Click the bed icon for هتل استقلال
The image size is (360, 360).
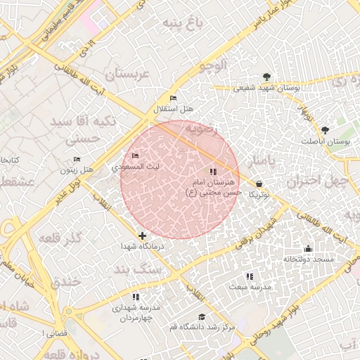(174, 98)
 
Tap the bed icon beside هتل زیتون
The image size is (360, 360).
(77, 159)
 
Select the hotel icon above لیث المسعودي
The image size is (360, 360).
(136, 155)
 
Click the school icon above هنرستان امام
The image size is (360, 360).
(213, 171)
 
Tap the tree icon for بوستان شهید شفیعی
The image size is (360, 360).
(266, 77)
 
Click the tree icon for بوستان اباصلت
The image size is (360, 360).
(325, 130)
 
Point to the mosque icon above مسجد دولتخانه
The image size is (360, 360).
(308, 248)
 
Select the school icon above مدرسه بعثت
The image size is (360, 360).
(249, 276)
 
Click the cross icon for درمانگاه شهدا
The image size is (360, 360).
(143, 236)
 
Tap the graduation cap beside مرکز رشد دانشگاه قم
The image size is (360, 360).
(202, 317)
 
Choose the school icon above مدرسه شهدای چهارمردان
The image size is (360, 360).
(136, 297)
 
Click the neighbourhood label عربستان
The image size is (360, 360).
(129, 73)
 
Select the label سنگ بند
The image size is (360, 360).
(139, 269)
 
